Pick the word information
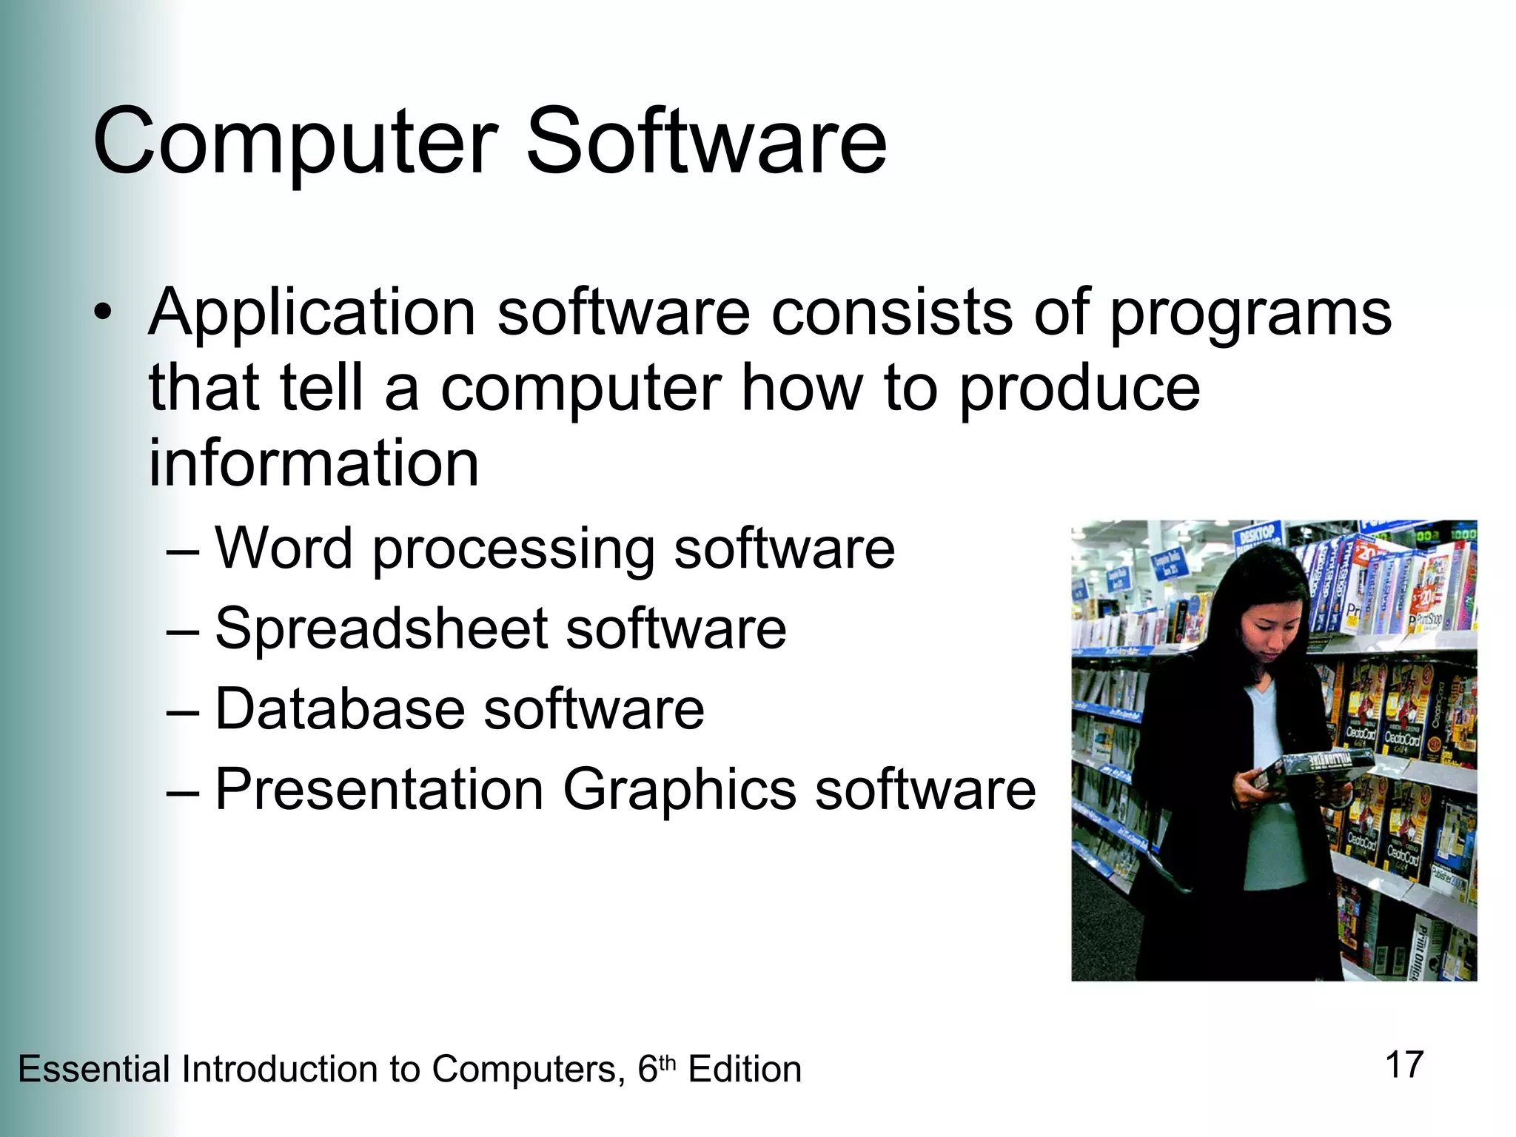(x=314, y=463)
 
